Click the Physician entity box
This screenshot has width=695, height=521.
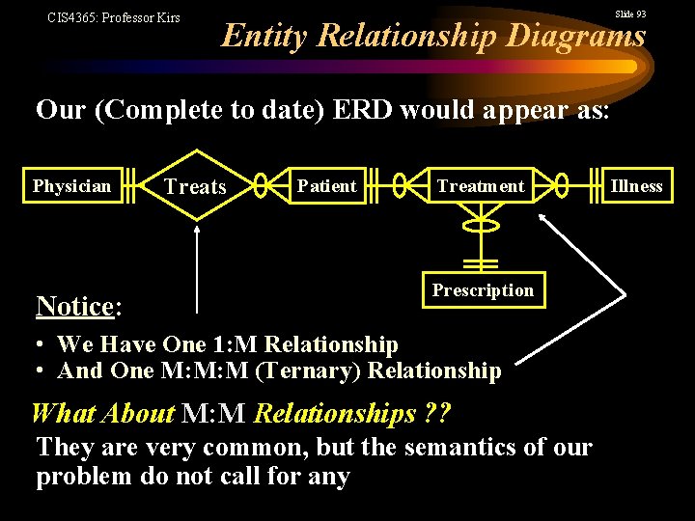tap(71, 186)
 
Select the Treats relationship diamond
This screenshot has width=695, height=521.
tap(196, 186)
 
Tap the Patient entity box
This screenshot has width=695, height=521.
tap(326, 186)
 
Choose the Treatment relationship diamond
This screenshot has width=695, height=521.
tap(480, 186)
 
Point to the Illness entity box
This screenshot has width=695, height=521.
tap(637, 186)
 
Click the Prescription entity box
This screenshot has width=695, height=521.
tap(483, 290)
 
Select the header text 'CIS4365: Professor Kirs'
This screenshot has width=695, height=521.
tap(113, 17)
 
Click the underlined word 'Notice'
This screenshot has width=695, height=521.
tap(74, 307)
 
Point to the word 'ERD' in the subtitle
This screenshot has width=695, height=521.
tap(361, 110)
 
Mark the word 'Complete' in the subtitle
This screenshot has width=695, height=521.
tap(138, 110)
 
